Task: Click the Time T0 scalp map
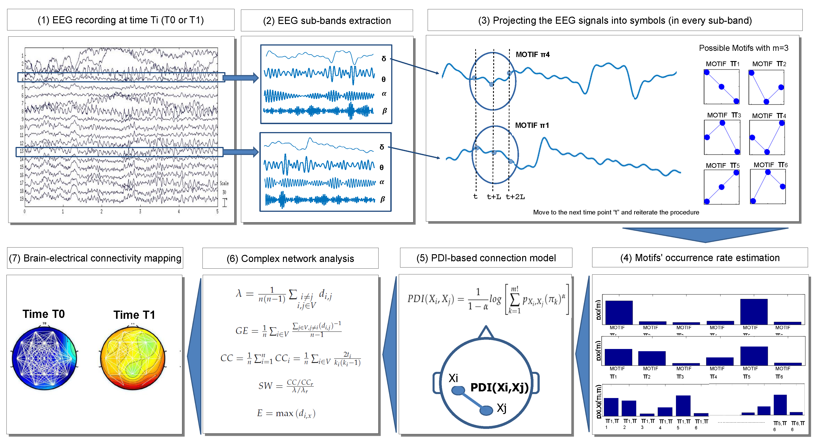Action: (44, 358)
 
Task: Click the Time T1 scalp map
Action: (133, 358)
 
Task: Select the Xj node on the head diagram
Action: (486, 410)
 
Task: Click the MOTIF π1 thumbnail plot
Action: (722, 87)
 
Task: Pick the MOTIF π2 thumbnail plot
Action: (766, 87)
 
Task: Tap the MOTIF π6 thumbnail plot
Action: (768, 186)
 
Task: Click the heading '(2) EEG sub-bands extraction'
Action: (327, 21)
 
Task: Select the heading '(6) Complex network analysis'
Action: (290, 258)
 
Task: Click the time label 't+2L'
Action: (515, 197)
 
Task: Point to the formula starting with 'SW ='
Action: (286, 386)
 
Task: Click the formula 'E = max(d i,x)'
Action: (286, 413)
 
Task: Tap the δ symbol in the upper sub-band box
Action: (384, 59)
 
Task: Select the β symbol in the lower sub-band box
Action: (382, 199)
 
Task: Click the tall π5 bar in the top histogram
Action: (754, 311)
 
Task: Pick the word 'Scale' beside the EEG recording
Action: (224, 183)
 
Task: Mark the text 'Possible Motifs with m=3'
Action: (743, 48)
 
